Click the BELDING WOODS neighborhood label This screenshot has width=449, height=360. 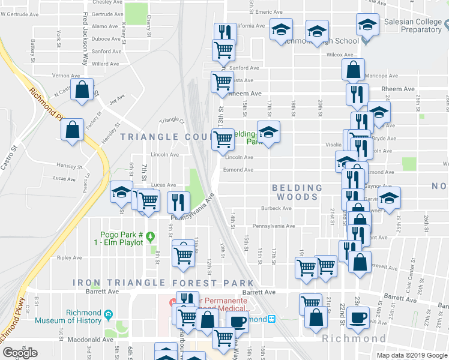[x=298, y=192]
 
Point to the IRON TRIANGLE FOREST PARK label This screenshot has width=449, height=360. [x=163, y=283]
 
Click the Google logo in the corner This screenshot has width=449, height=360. [x=20, y=352]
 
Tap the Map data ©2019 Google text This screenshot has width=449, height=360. [x=412, y=355]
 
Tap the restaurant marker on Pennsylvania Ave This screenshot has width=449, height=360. [x=178, y=202]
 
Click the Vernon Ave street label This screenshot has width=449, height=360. [x=62, y=76]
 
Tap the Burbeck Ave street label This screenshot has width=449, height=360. [x=276, y=209]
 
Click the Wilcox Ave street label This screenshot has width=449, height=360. [x=340, y=55]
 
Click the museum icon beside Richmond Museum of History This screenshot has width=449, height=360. [x=109, y=314]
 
